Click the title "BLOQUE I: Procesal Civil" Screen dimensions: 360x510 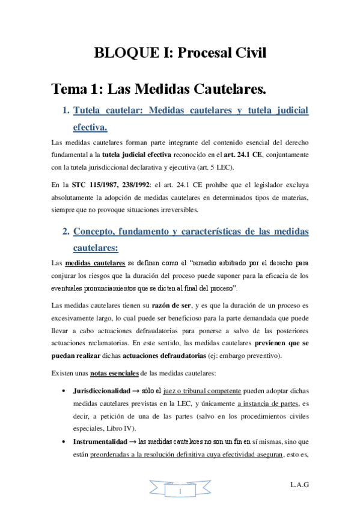(180, 54)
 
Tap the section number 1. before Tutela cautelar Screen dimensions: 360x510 (66, 111)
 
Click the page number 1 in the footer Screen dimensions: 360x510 (180, 491)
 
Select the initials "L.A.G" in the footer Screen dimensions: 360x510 (299, 484)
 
